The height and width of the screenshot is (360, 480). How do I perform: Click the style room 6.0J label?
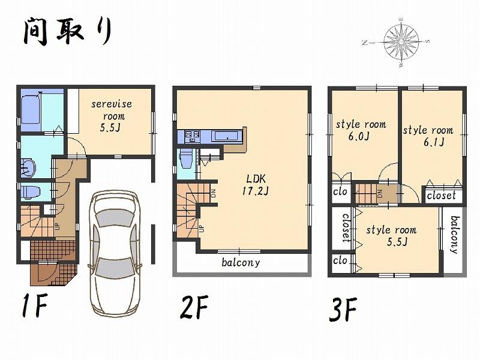point(360,130)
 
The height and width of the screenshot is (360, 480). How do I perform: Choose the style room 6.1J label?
point(427,136)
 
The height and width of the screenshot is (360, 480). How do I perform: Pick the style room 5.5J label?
point(391,235)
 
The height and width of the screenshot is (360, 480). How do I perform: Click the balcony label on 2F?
point(241,262)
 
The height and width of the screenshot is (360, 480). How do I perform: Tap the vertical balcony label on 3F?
point(454,235)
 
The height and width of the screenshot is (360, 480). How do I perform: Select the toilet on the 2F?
point(186,160)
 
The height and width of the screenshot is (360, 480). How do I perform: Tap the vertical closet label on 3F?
point(346,229)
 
